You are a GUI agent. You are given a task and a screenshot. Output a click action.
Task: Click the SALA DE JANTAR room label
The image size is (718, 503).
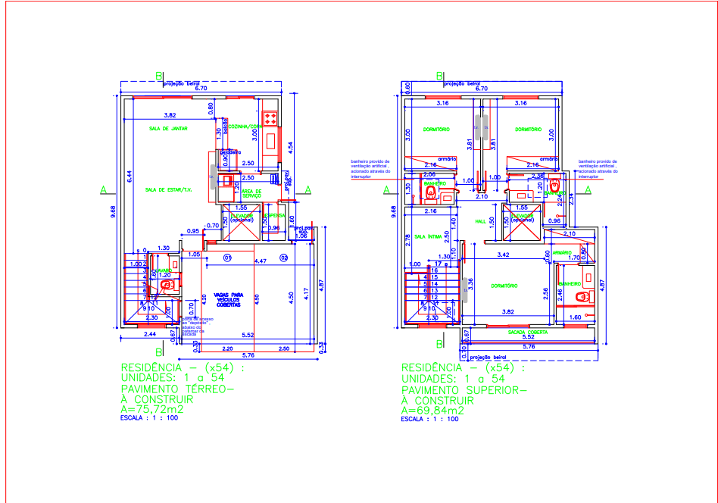[x=168, y=129]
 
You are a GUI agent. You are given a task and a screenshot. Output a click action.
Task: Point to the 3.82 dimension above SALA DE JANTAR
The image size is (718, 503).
[x=170, y=115]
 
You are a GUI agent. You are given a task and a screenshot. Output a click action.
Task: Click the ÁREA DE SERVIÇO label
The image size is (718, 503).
[x=252, y=193]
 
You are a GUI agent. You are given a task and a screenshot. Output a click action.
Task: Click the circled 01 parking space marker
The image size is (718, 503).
[x=226, y=258]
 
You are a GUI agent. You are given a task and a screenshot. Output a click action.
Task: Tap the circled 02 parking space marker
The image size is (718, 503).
[x=284, y=258]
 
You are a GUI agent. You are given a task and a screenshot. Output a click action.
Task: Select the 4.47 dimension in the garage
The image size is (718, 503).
[x=260, y=261]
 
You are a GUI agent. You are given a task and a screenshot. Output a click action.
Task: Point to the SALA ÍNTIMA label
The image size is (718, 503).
[x=429, y=236]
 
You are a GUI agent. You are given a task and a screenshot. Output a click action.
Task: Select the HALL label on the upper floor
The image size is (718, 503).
[x=479, y=222]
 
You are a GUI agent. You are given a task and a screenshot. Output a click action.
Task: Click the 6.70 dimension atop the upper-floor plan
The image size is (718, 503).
[x=481, y=89]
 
